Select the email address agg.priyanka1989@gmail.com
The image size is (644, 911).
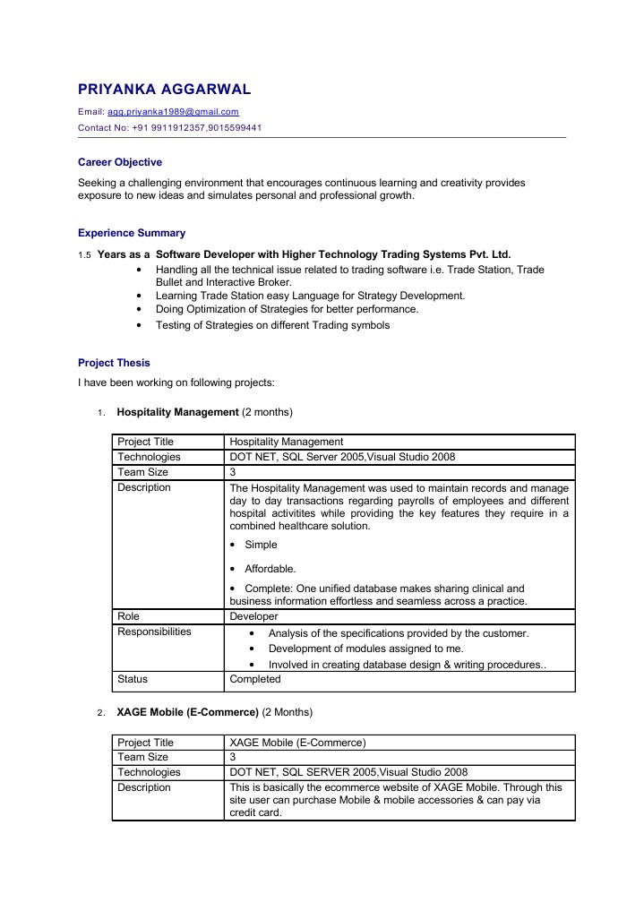173,112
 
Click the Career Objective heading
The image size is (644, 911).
120,162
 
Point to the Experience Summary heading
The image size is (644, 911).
132,233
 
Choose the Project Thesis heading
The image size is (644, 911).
114,363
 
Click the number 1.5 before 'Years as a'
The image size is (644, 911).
85,255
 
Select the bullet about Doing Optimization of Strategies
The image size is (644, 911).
287,309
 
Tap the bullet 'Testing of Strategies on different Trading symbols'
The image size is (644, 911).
272,325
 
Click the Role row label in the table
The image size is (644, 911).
129,616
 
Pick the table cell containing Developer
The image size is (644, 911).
253,616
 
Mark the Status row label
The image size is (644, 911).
133,679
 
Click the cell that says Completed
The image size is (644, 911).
254,679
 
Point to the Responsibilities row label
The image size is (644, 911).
154,632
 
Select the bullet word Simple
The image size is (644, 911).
261,545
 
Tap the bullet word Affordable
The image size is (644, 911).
270,569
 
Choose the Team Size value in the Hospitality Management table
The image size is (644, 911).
233,472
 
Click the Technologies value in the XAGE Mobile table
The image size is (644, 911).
348,772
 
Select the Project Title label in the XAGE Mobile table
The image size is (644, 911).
146,743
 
